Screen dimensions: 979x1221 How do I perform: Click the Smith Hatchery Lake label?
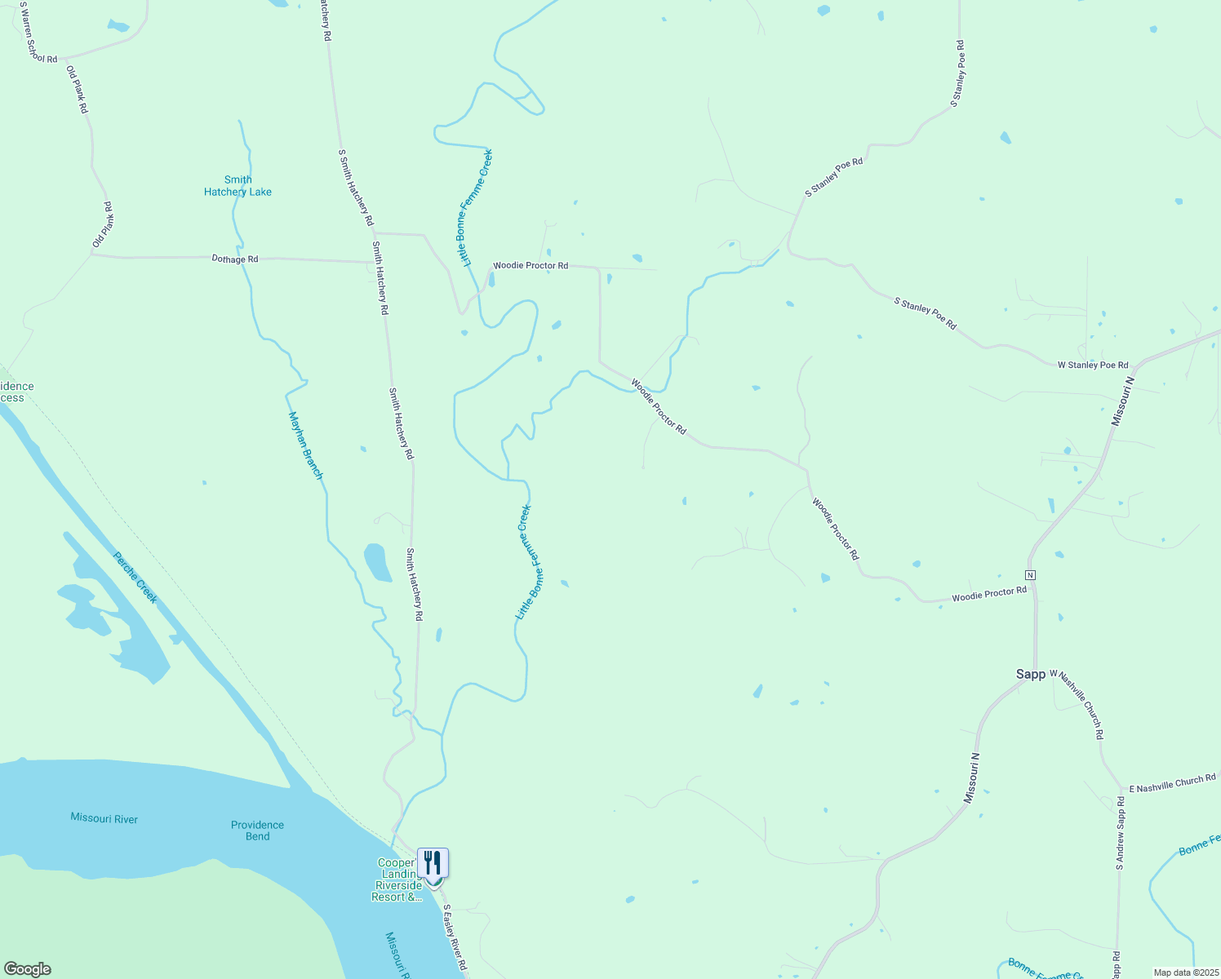tap(238, 186)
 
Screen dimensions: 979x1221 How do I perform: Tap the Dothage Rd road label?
tap(235, 259)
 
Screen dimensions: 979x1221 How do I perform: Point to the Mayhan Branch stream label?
tap(306, 445)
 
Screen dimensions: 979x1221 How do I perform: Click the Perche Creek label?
tap(135, 578)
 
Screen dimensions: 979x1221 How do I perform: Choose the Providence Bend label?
tap(257, 831)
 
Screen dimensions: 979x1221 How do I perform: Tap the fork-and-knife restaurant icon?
tap(433, 863)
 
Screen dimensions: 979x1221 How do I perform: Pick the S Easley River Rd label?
tap(455, 937)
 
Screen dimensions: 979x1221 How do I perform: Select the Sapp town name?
tap(1030, 674)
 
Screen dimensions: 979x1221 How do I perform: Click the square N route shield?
tap(1030, 575)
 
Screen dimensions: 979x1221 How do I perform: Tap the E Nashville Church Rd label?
tap(1172, 783)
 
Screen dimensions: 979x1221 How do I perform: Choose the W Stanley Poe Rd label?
tap(1093, 365)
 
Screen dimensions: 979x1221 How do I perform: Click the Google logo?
tap(28, 969)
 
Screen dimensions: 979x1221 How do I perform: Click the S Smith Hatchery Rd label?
tap(356, 188)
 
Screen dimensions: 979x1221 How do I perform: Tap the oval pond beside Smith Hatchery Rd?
tap(376, 562)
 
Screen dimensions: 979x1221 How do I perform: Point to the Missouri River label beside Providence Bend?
tap(104, 818)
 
